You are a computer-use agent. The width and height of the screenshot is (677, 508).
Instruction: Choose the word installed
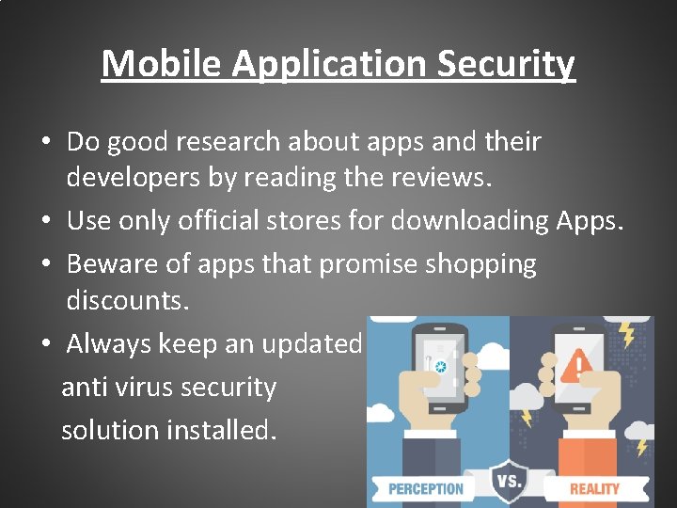(221, 430)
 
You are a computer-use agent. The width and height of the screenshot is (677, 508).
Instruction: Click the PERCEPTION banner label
(426, 488)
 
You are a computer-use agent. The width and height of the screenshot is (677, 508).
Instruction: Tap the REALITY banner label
(594, 488)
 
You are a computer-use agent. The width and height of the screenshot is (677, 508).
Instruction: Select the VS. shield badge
(508, 481)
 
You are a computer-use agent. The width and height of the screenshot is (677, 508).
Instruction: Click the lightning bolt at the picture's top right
(625, 332)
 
